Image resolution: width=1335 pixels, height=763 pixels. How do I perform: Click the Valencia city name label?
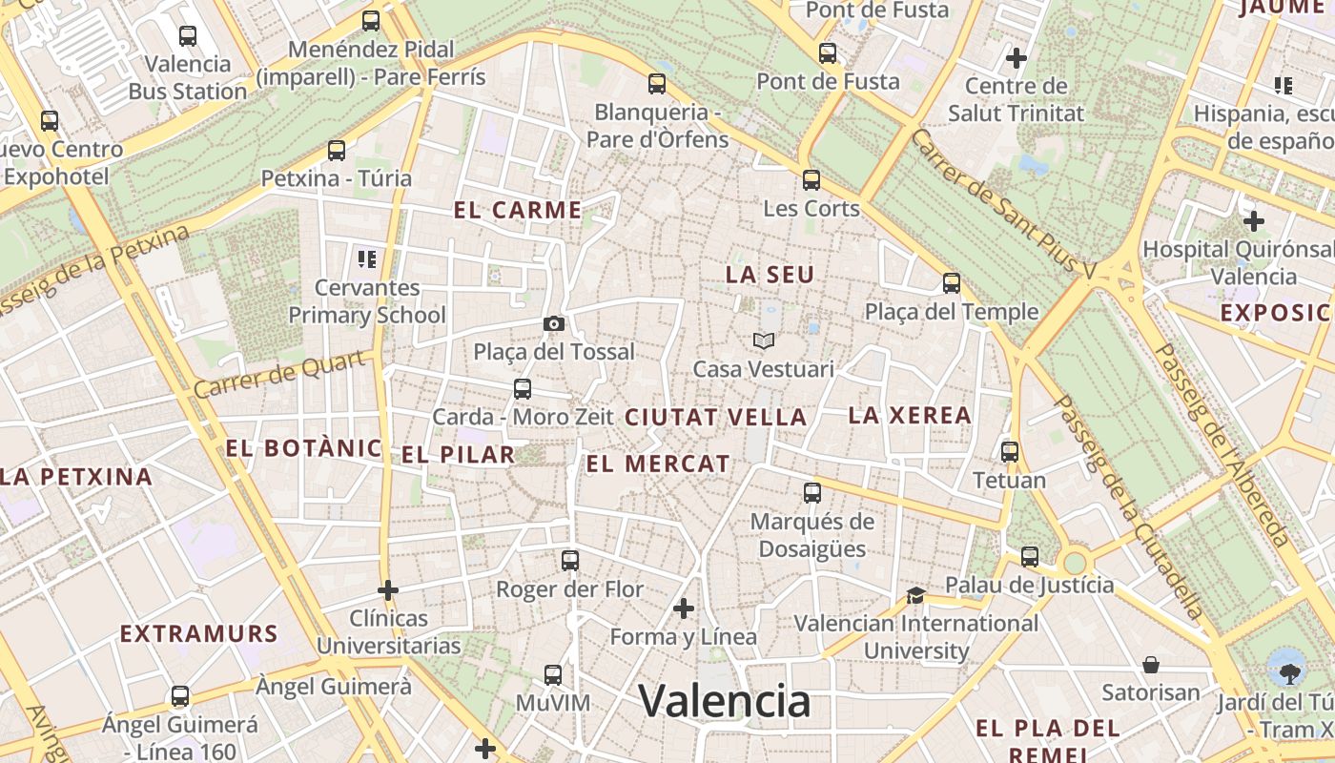coord(725,702)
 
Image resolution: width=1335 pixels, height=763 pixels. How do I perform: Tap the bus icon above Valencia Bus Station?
coord(188,36)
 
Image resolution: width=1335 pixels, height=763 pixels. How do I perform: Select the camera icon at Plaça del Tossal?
coord(553,324)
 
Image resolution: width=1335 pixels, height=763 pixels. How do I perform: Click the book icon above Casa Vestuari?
coord(763,340)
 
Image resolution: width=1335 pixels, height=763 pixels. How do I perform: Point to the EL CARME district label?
coord(518,211)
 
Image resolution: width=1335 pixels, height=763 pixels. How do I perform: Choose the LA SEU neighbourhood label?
coord(770,276)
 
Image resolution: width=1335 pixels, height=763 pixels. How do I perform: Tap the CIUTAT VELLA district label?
coord(715,418)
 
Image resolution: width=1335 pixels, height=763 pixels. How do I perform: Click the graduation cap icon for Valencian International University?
coord(915,596)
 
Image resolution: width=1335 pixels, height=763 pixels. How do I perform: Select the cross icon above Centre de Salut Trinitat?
coord(1016,58)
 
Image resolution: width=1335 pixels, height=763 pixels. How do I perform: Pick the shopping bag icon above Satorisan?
coord(1151,664)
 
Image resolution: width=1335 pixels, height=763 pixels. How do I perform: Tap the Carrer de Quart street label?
coord(281,375)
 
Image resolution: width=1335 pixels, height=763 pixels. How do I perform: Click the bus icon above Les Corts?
coord(811,179)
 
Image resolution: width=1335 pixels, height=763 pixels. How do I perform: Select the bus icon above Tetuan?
coord(1010,452)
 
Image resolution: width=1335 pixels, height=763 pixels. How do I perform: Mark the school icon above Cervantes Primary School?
coord(367,258)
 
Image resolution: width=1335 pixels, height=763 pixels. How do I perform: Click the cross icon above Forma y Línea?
coord(683,608)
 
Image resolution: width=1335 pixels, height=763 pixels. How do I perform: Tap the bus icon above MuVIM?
coord(552,675)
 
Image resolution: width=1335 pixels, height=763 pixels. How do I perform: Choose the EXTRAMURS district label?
coord(198,634)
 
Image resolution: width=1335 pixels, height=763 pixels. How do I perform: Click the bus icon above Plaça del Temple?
coord(951,283)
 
